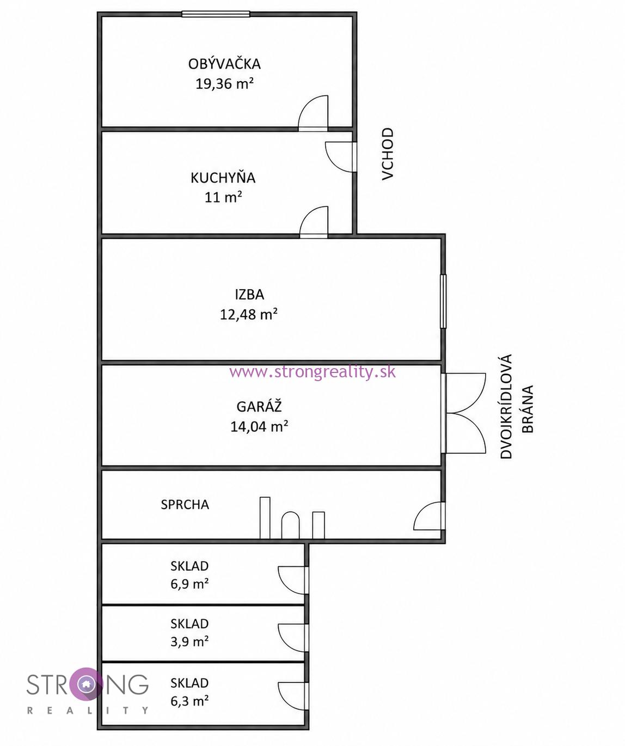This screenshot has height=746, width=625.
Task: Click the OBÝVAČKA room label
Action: pyautogui.click(x=224, y=64)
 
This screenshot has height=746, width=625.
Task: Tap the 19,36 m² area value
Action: pyautogui.click(x=225, y=84)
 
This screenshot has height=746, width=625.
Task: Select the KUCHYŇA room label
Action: pyautogui.click(x=223, y=178)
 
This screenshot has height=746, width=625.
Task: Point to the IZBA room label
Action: pyautogui.click(x=249, y=295)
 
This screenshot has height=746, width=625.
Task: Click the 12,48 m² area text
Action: pyautogui.click(x=249, y=314)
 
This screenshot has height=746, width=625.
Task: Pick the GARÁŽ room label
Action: pyautogui.click(x=259, y=407)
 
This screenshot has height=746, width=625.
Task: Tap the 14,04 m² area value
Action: pyautogui.click(x=259, y=426)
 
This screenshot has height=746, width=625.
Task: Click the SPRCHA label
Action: pyautogui.click(x=185, y=504)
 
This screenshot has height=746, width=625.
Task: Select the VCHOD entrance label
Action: pyautogui.click(x=388, y=154)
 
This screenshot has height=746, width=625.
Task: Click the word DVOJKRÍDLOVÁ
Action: pyautogui.click(x=506, y=407)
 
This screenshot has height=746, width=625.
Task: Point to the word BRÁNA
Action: pyautogui.click(x=528, y=409)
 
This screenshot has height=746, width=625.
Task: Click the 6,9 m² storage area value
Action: pyautogui.click(x=189, y=584)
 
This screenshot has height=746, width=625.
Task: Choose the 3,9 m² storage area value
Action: pyautogui.click(x=189, y=642)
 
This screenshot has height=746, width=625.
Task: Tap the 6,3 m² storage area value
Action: pyautogui.click(x=189, y=701)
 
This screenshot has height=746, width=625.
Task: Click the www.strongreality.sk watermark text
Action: pyautogui.click(x=312, y=372)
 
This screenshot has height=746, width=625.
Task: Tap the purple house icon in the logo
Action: pyautogui.click(x=85, y=684)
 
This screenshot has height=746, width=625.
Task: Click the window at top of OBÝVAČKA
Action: pyautogui.click(x=216, y=14)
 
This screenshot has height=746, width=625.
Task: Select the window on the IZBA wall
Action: pyautogui.click(x=443, y=301)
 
